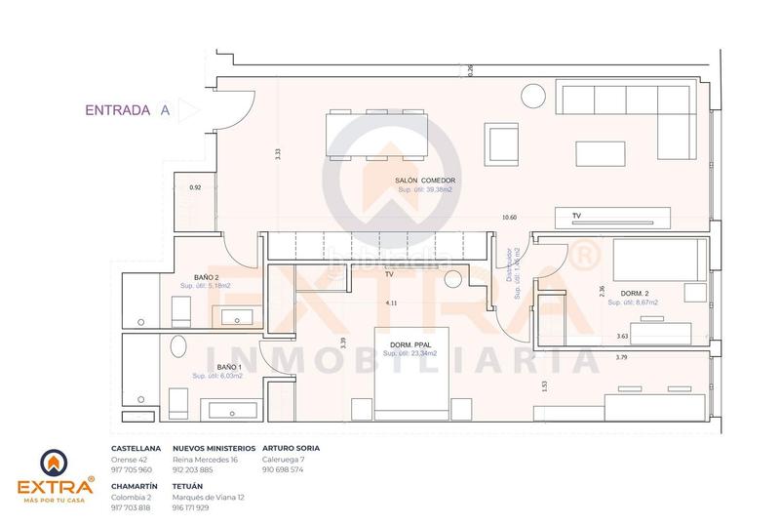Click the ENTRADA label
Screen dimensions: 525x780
click(116, 110)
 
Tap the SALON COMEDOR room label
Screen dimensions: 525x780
click(425, 182)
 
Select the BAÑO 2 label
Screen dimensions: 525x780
click(207, 277)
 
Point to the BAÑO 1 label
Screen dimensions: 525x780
click(217, 367)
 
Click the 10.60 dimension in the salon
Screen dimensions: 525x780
click(507, 218)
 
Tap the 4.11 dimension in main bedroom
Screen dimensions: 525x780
click(391, 303)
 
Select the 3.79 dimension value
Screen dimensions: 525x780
click(622, 358)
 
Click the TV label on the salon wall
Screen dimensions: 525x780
click(575, 215)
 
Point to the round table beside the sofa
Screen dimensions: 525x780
click(534, 96)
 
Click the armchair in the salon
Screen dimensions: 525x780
click(504, 143)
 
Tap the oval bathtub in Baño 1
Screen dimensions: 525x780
click(179, 348)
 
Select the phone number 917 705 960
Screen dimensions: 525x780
click(133, 469)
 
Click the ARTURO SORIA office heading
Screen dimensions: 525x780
click(292, 448)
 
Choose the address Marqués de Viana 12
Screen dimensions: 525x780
click(208, 497)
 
